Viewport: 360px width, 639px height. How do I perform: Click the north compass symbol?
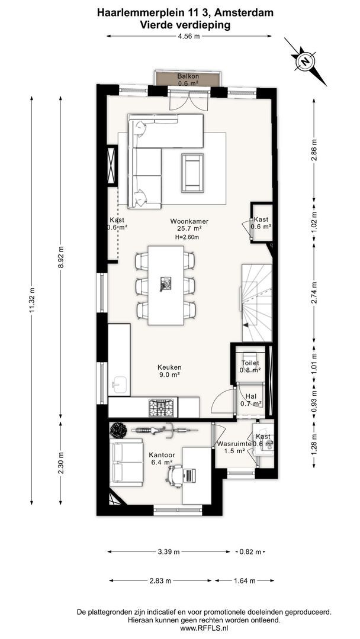pos(304,61)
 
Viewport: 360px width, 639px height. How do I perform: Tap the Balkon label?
pos(188,76)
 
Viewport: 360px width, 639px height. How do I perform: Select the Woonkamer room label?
pos(187,221)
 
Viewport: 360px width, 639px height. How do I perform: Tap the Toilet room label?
pos(250,363)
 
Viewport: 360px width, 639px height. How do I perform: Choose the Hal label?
pos(250,396)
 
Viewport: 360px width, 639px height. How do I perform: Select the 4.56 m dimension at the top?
pos(189,36)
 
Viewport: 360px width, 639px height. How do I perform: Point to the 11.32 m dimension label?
pos(31,301)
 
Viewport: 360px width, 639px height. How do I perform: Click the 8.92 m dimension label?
pos(61,257)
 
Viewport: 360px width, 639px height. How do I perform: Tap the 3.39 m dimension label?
pos(168,552)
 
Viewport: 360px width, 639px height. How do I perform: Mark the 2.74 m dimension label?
pos(314,293)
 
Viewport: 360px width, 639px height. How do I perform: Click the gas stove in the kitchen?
pos(162,407)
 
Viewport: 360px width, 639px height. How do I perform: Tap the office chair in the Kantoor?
pos(176,476)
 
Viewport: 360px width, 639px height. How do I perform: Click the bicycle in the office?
pos(164,429)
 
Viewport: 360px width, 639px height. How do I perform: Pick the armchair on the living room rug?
pos(192,172)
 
